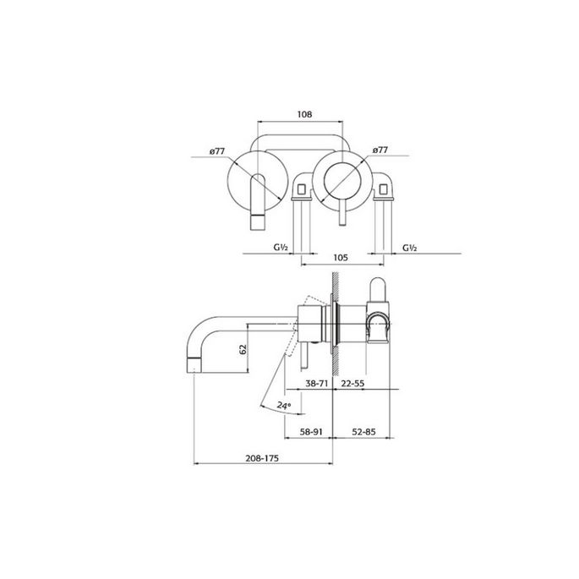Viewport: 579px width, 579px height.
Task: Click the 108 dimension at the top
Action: [x=305, y=114]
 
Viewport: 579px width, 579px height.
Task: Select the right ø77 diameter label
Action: [x=380, y=150]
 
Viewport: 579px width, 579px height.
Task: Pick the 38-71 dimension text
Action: [x=318, y=383]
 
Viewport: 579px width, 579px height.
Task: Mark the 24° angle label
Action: [x=284, y=405]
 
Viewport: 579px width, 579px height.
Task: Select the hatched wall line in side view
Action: [x=337, y=321]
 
